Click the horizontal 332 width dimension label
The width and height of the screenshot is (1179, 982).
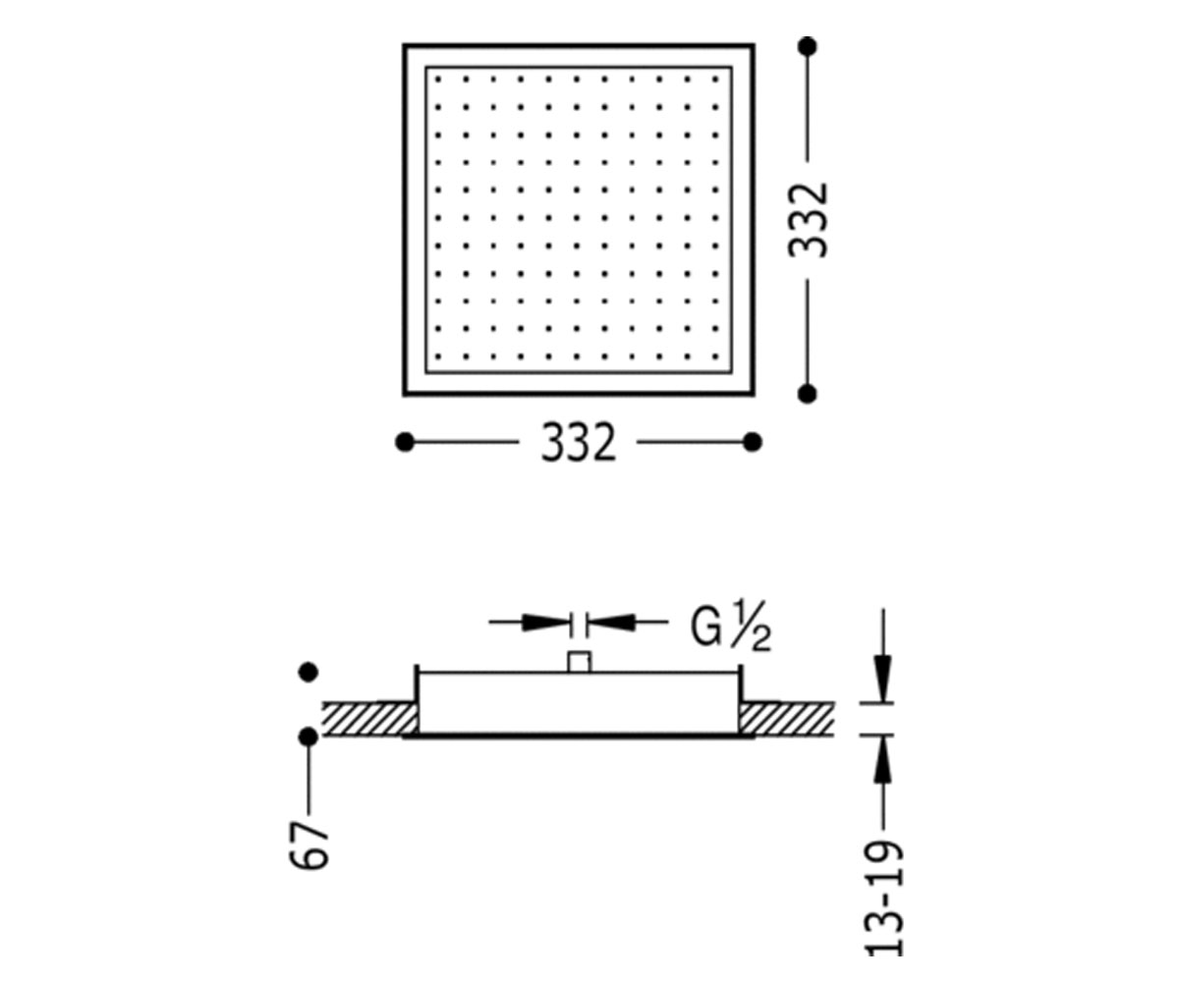(x=579, y=443)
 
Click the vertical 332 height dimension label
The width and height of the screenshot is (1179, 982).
(x=808, y=220)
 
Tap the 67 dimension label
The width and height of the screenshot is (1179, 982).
(x=309, y=845)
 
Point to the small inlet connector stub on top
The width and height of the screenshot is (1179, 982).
(x=580, y=662)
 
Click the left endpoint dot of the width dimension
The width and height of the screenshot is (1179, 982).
(x=405, y=442)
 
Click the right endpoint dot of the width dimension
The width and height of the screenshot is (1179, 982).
(x=753, y=442)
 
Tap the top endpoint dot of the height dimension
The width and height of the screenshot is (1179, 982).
(x=808, y=46)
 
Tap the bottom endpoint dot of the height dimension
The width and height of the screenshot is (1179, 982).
(x=808, y=394)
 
